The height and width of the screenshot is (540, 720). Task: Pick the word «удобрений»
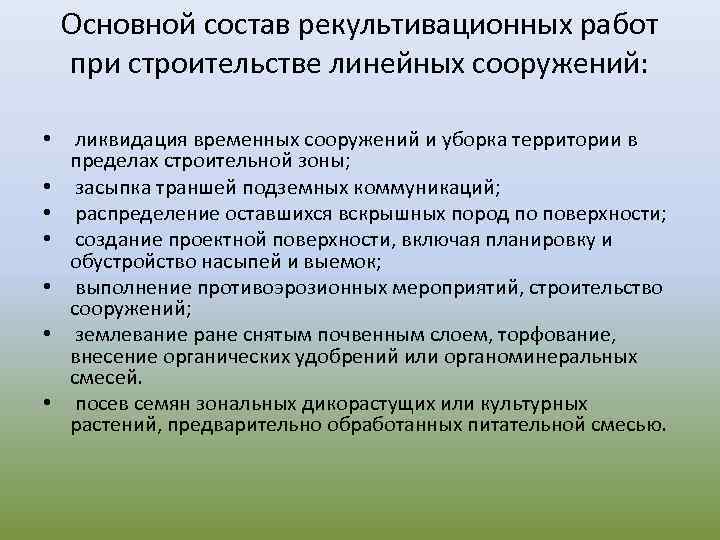pyautogui.click(x=316, y=357)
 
